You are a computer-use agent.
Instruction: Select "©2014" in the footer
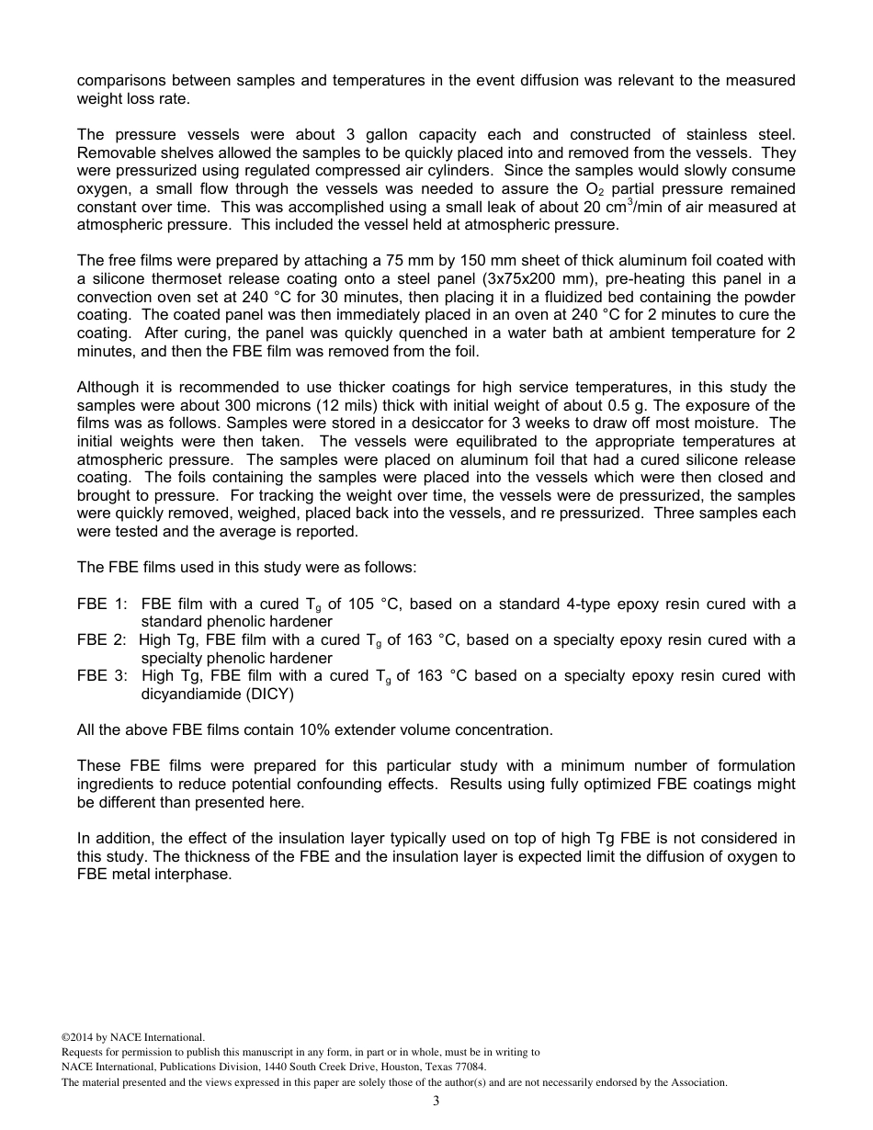click(77, 1037)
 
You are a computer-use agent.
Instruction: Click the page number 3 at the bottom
click(436, 1101)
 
